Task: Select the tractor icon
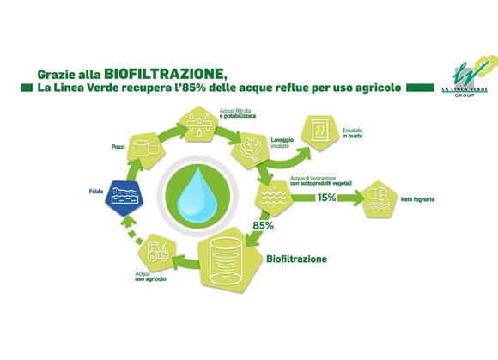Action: point(157,252)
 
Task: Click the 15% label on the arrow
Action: point(327,198)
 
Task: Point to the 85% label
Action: point(263,226)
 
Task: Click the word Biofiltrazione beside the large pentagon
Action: point(296,259)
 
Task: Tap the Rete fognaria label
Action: point(417,199)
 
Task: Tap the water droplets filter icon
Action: point(199,123)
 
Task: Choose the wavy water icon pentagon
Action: point(274,198)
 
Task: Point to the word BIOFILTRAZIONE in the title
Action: point(165,74)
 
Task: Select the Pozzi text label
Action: point(118,147)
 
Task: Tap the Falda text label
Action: point(96,192)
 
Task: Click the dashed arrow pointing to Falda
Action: point(132,230)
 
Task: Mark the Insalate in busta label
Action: point(352,133)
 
